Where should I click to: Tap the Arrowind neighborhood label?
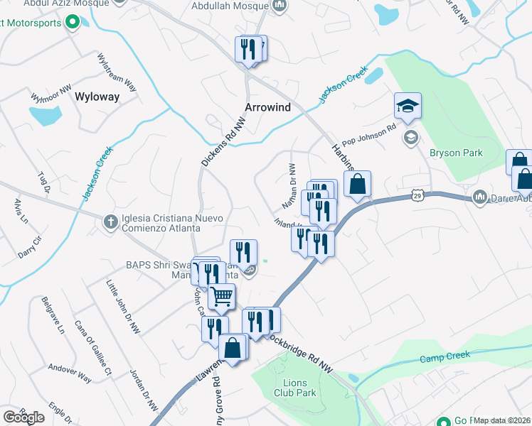[x=268, y=107]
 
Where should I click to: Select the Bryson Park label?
[x=456, y=153]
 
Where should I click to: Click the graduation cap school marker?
[x=408, y=106]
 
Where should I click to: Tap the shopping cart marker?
[x=221, y=296]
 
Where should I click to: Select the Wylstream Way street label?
[x=117, y=71]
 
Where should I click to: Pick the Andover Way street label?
[x=70, y=373]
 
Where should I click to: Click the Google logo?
[x=23, y=417]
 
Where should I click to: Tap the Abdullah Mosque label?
[x=231, y=6]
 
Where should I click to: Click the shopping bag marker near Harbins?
[x=357, y=184]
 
